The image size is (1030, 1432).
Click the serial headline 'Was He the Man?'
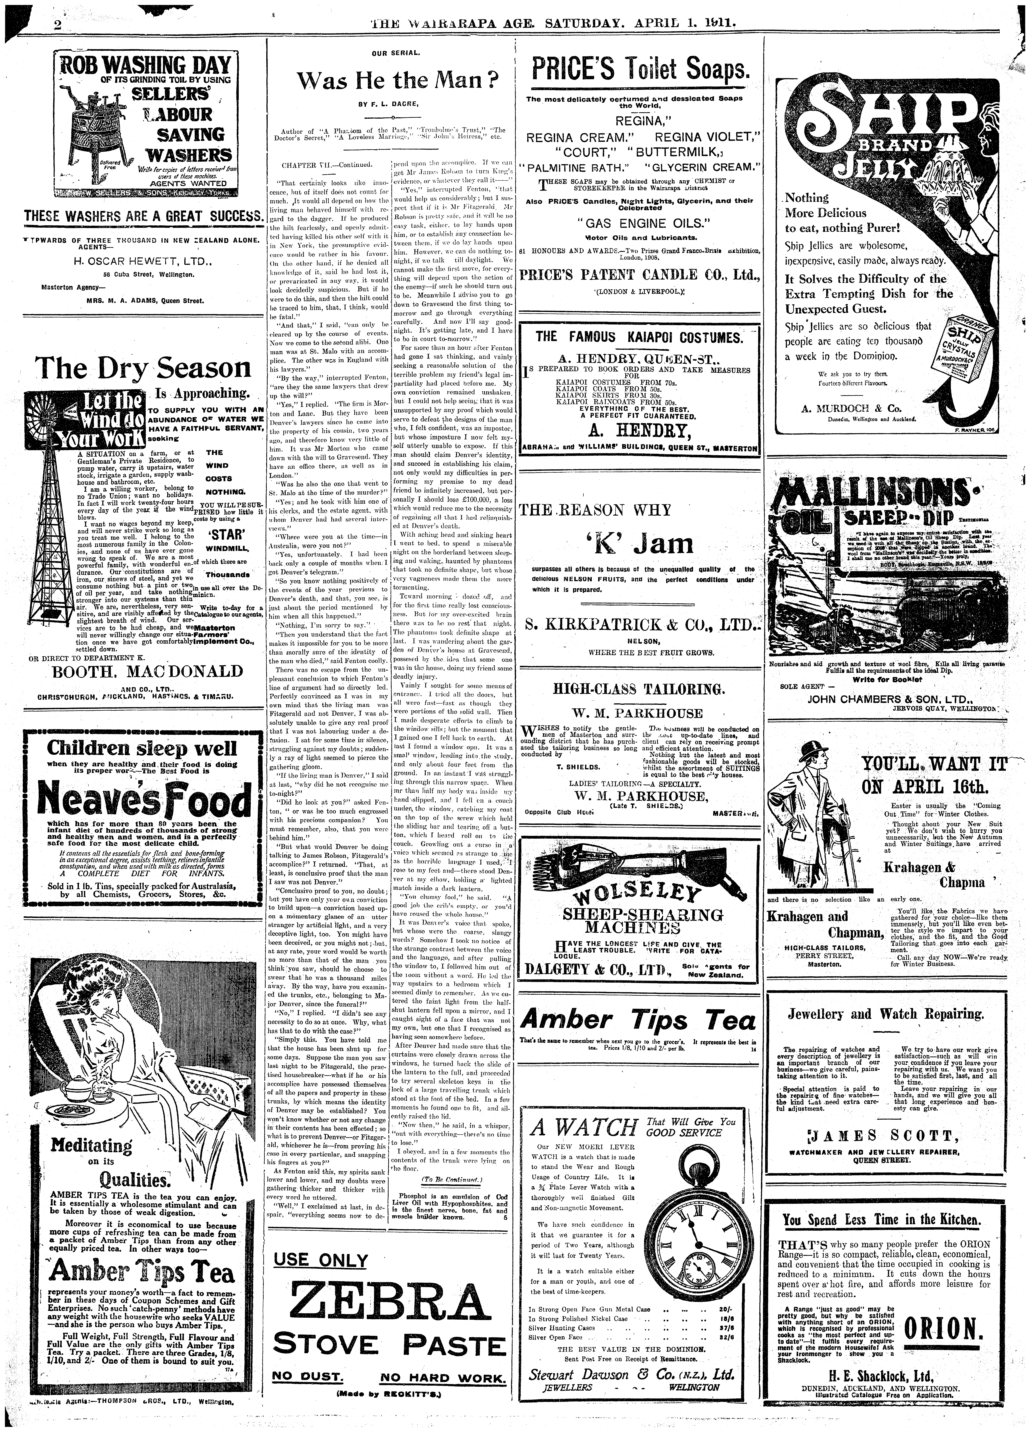click(397, 81)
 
